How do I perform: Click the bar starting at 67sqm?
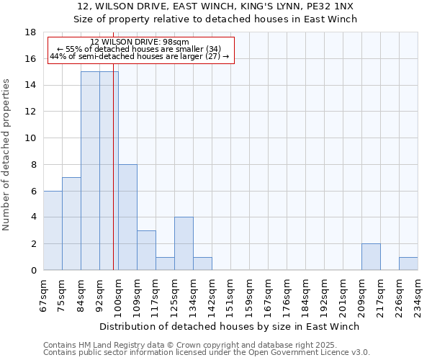pos(53,230)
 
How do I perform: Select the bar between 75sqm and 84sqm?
pos(71,224)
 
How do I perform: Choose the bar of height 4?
pos(184,244)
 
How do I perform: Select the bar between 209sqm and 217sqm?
pos(371,257)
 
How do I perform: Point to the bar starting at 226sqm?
pos(408,264)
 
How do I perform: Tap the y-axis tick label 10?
pos(31,138)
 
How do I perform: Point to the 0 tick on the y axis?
pos(34,271)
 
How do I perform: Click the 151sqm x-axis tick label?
pos(230,294)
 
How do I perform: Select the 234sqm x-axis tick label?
pos(418,294)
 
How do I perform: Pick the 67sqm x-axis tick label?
pos(43,292)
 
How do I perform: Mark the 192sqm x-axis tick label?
pos(324,294)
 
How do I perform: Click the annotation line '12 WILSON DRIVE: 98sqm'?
pos(140,42)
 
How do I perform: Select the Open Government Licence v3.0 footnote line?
pos(207,353)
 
